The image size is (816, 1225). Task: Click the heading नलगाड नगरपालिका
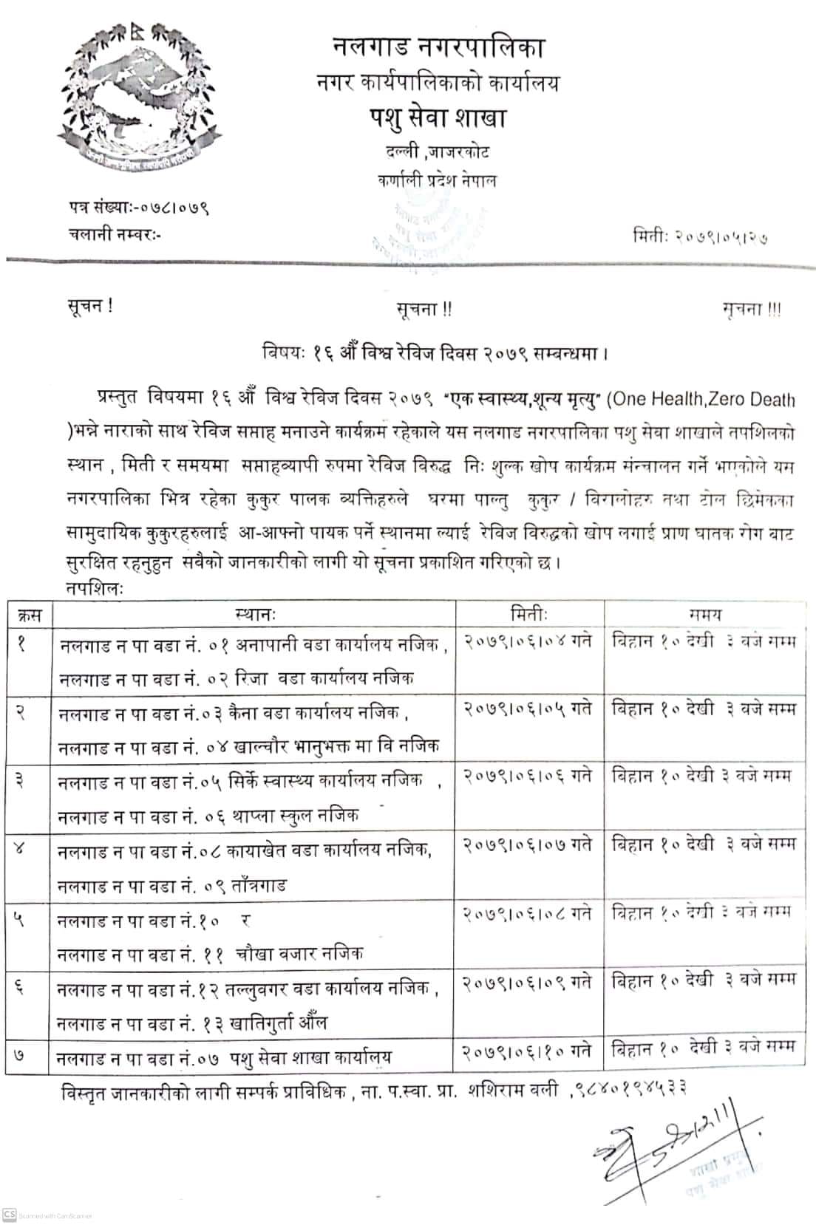[x=438, y=48]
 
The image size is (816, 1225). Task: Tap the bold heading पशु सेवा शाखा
[x=438, y=118]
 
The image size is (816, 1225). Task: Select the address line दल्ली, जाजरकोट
[x=437, y=152]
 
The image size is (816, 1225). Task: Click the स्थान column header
[x=254, y=613]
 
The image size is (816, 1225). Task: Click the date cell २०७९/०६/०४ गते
[x=528, y=641]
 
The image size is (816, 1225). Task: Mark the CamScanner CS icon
[x=10, y=1215]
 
